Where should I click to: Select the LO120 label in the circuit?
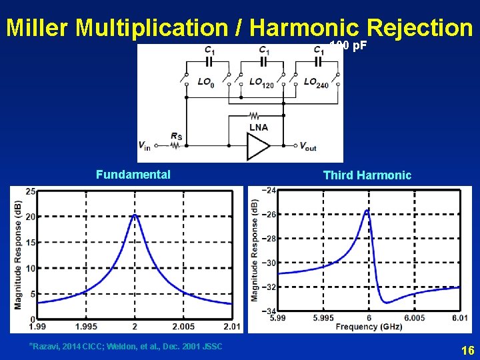pos(261,82)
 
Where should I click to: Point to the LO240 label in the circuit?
pos(315,82)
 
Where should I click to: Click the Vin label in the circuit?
pos(145,145)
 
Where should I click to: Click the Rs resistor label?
pos(176,137)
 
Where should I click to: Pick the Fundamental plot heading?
pos(133,175)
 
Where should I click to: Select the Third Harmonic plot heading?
pos(367,175)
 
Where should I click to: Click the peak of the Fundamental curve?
pos(135,215)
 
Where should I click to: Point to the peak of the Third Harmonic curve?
pos(367,210)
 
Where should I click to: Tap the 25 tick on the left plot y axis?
pos(31,192)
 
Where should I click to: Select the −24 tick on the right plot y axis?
pos(269,190)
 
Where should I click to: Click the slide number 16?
pos(467,350)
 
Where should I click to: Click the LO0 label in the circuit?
pos(206,82)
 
